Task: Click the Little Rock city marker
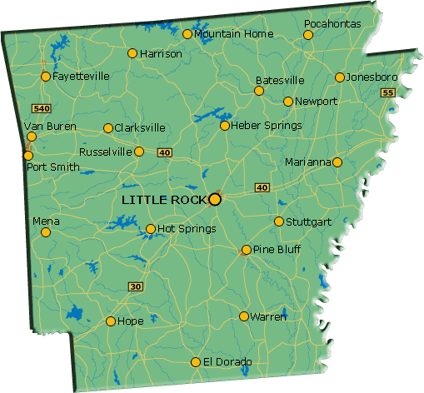[215, 199]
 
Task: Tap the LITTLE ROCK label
[164, 200]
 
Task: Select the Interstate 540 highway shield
[41, 108]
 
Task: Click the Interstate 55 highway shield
[387, 92]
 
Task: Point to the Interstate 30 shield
[136, 286]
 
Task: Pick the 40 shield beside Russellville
[164, 152]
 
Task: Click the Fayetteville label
[81, 76]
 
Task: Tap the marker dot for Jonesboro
[340, 77]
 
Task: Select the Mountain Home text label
[233, 34]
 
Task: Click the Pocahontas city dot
[308, 35]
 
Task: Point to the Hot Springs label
[187, 228]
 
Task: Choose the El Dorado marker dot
[196, 362]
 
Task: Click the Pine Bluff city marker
[247, 250]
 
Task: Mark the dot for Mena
[46, 232]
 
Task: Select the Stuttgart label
[308, 222]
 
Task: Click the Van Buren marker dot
[32, 137]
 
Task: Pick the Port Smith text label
[53, 167]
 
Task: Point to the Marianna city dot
[337, 162]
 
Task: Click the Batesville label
[280, 81]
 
